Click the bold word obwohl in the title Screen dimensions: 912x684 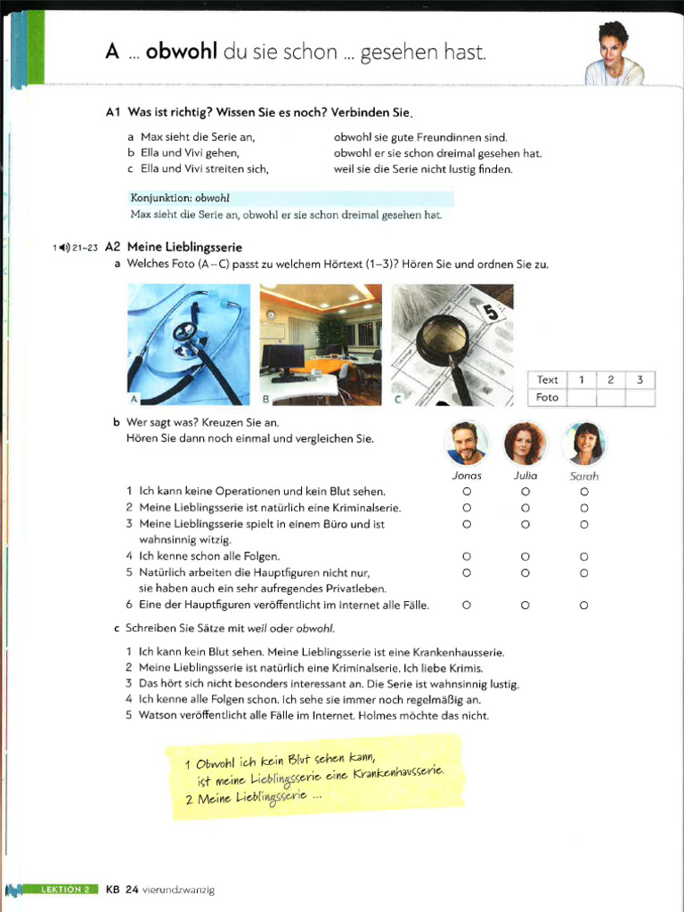coord(182,53)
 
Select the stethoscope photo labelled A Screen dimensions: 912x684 coord(189,345)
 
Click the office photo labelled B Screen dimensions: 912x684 coord(321,345)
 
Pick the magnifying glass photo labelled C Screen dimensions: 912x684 coord(452,345)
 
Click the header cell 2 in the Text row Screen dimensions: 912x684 coord(610,380)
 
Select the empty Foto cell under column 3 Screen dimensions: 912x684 coord(639,397)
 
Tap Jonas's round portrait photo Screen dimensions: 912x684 coord(467,443)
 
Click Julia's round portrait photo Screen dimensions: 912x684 coord(525,443)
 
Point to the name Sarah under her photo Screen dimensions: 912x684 coord(584,476)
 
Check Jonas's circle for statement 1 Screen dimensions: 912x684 coord(467,491)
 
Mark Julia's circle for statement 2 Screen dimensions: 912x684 coord(525,508)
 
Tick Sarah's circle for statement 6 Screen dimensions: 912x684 coord(584,606)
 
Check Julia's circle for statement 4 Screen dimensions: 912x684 coord(525,557)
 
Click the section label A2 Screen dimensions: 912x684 coord(112,247)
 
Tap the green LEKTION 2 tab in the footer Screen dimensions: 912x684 coord(64,889)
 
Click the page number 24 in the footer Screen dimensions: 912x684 coord(132,889)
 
